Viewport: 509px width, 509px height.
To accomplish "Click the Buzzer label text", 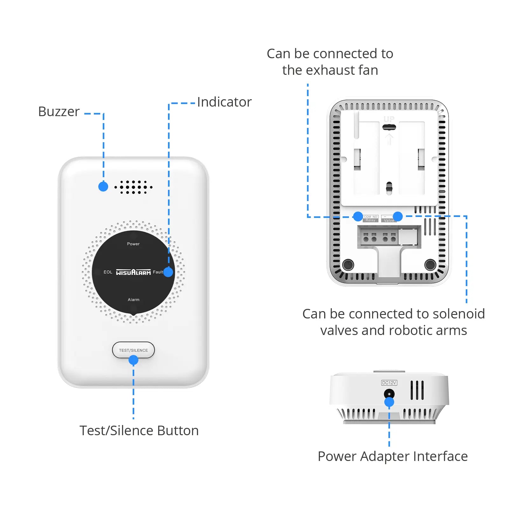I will [x=59, y=112].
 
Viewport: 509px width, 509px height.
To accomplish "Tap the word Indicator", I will [x=224, y=102].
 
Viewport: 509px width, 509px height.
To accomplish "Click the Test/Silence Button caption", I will [x=139, y=430].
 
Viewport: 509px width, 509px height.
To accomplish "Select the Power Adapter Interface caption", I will [x=393, y=456].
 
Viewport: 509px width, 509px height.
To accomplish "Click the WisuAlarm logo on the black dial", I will [x=133, y=272].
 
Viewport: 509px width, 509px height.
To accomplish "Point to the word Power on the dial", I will [x=133, y=244].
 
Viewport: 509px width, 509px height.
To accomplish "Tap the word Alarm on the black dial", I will [x=134, y=300].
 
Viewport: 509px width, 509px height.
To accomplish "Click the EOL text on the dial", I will [x=108, y=272].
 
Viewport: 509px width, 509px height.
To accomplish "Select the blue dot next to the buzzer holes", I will [x=103, y=186].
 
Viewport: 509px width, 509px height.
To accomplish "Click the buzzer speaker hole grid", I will [x=133, y=187].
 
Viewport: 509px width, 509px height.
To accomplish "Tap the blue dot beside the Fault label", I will [x=168, y=272].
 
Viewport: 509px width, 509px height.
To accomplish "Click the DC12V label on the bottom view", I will [x=389, y=383].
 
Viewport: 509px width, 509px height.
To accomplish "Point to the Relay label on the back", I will [x=370, y=220].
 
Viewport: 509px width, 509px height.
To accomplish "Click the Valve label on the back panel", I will [x=389, y=220].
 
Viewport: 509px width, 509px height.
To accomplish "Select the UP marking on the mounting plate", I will [x=389, y=119].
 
